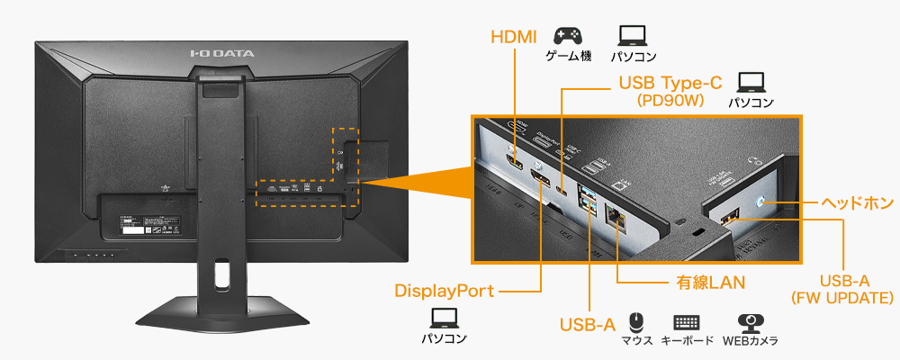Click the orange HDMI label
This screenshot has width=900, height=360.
point(513,37)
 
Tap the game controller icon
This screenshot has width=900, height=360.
point(567,35)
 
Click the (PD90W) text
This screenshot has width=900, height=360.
point(669,101)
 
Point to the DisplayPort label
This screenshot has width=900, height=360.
point(445,291)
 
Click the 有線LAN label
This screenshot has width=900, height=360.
point(711,283)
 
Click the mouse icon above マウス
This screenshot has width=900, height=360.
point(636,321)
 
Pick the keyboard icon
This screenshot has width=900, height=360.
point(687,322)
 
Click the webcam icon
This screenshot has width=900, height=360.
point(750,322)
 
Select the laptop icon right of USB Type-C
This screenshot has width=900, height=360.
point(751,82)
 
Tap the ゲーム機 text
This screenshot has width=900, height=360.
point(567,57)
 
